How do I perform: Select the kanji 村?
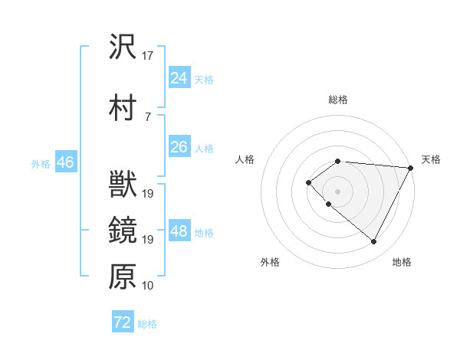click(123, 108)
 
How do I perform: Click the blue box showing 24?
click(179, 78)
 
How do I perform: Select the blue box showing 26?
click(179, 147)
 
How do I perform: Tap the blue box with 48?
click(179, 231)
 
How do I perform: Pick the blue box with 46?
click(65, 162)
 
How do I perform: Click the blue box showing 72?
click(123, 322)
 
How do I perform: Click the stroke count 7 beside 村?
click(146, 116)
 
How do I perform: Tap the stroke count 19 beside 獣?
click(149, 194)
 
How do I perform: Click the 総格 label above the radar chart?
click(338, 100)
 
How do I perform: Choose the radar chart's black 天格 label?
click(431, 159)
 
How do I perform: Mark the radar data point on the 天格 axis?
click(411, 168)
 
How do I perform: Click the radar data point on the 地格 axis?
click(373, 241)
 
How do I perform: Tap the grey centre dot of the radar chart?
click(337, 191)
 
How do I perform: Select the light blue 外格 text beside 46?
click(41, 163)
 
